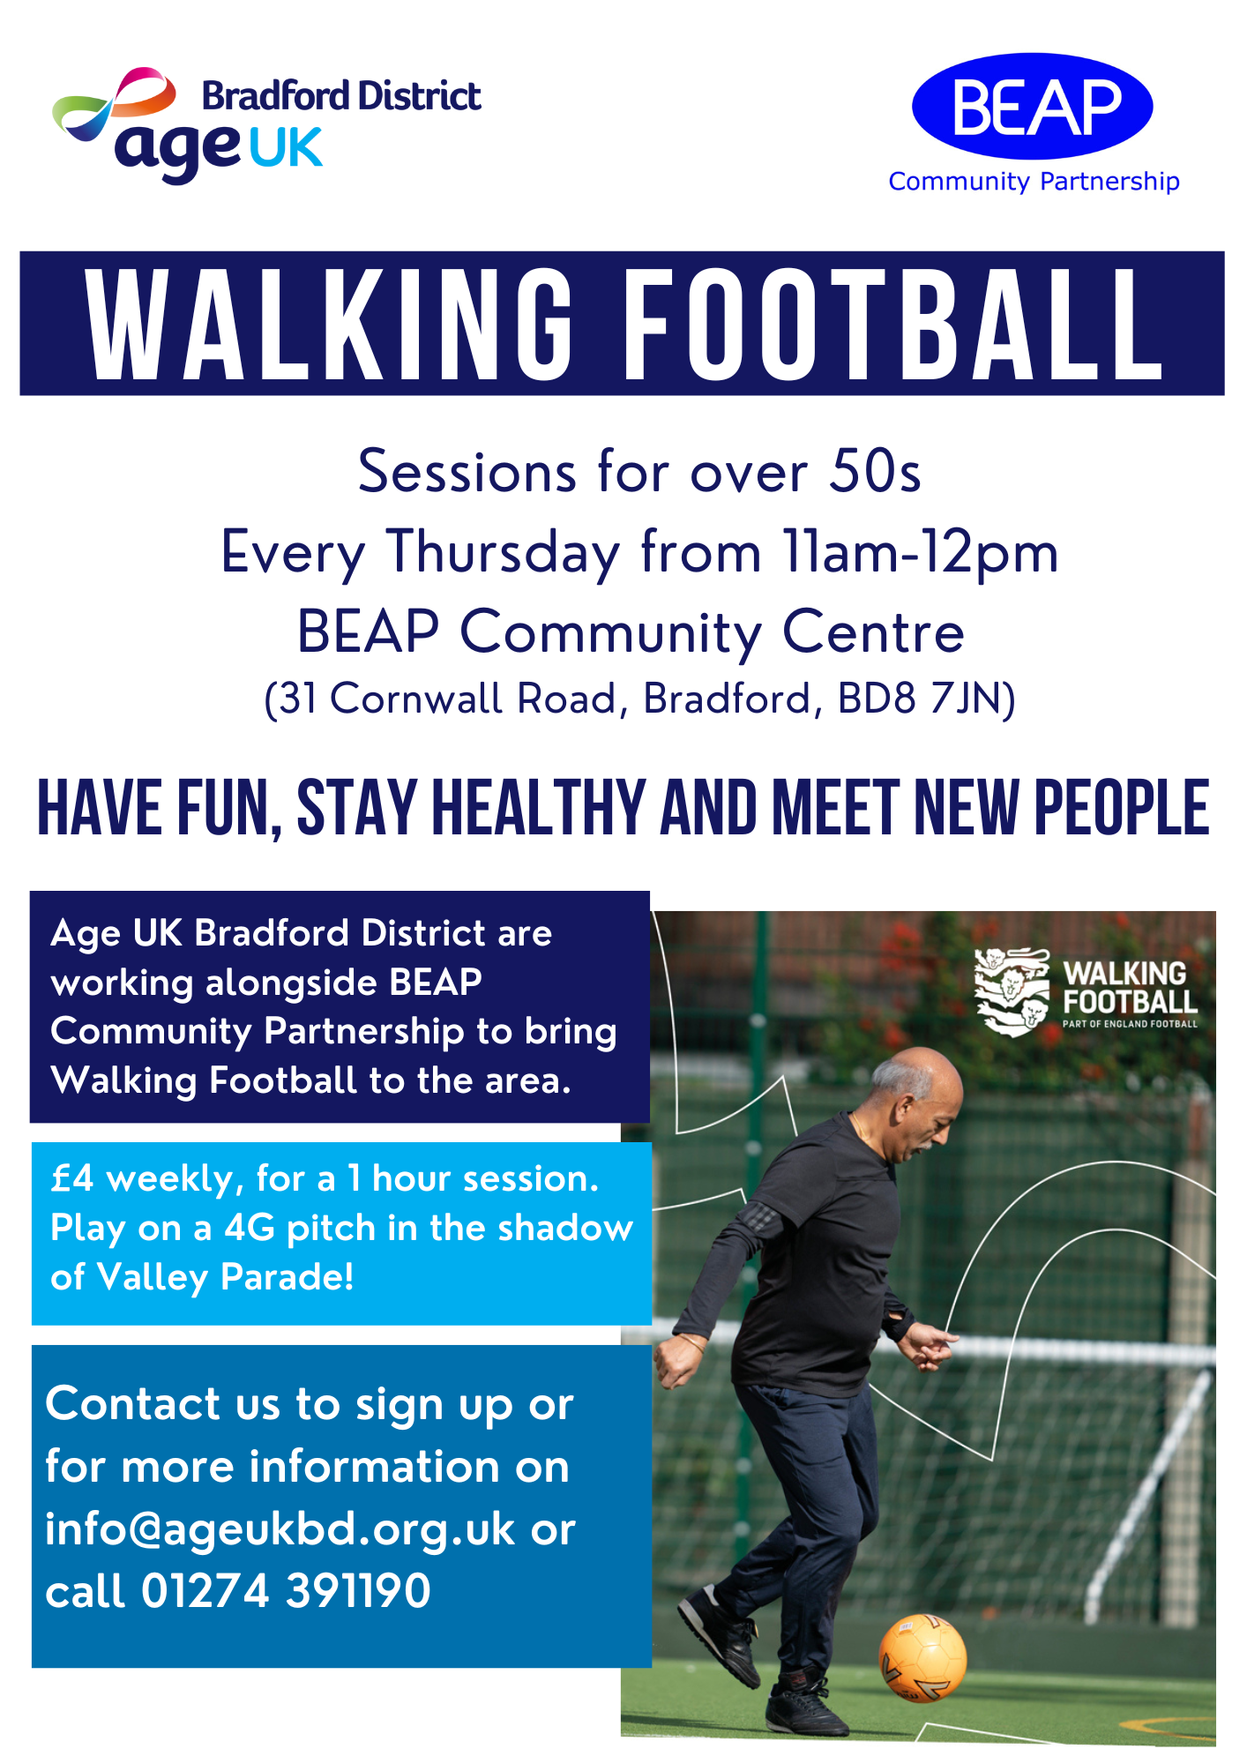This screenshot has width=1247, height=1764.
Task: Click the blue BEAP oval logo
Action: (1032, 106)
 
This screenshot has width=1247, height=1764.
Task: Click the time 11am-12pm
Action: (920, 554)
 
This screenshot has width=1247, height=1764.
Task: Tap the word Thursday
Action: (503, 554)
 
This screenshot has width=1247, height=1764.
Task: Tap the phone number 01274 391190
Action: (286, 1590)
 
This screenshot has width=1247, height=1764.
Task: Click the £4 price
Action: (71, 1178)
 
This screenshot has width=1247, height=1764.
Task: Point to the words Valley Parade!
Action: (225, 1277)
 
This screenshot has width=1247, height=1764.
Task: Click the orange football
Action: (922, 1658)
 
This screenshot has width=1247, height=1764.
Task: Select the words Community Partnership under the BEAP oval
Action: (1034, 181)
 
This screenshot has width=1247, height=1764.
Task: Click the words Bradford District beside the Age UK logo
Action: (341, 95)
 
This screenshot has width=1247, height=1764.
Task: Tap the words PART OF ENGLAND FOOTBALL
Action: (1130, 1024)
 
